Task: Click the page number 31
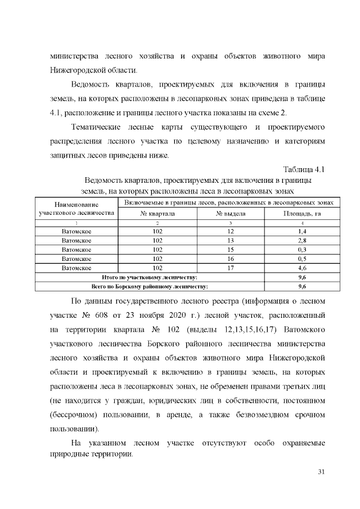point(322,471)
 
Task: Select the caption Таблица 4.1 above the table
point(304,169)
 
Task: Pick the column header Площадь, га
point(301,214)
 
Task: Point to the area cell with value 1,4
point(301,232)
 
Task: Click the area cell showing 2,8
point(301,241)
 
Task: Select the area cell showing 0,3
point(301,250)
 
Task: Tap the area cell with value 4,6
point(301,268)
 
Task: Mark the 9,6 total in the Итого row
point(301,277)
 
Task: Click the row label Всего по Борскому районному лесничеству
point(149,286)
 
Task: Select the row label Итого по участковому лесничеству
point(149,277)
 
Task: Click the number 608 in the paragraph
point(114,314)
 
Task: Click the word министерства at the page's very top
point(75,57)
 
